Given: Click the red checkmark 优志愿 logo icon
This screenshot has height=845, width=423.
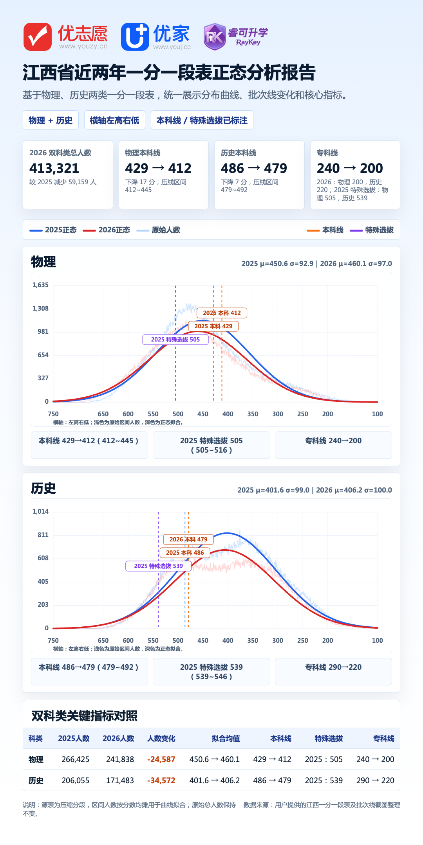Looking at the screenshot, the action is pyautogui.click(x=38, y=37).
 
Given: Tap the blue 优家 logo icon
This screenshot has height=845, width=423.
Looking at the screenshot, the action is pyautogui.click(x=135, y=37).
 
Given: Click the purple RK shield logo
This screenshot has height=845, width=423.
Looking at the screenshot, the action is pyautogui.click(x=215, y=37).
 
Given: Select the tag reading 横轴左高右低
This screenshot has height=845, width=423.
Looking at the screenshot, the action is pyautogui.click(x=115, y=120).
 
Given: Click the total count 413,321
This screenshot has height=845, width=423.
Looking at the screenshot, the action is pyautogui.click(x=54, y=168).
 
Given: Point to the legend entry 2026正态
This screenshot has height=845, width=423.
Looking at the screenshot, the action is pyautogui.click(x=107, y=230).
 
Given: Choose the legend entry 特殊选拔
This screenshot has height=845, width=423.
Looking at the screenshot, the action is pyautogui.click(x=372, y=230).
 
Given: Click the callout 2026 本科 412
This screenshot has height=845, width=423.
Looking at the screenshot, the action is pyautogui.click(x=222, y=313).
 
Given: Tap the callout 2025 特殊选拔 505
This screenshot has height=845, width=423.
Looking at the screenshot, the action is pyautogui.click(x=175, y=340).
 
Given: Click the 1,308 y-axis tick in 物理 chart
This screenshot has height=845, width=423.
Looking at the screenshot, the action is pyautogui.click(x=40, y=308).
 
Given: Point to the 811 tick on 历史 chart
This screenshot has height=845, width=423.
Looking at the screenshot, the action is pyautogui.click(x=43, y=535).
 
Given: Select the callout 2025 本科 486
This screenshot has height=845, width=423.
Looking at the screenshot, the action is pyautogui.click(x=185, y=553).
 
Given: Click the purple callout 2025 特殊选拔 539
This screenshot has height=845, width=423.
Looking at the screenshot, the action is pyautogui.click(x=158, y=566).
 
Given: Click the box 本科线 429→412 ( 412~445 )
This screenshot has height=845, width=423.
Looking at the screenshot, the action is pyautogui.click(x=89, y=445).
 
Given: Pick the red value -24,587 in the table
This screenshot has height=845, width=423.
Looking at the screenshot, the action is pyautogui.click(x=161, y=759).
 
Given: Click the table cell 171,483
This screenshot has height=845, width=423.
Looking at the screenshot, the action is pyautogui.click(x=120, y=780).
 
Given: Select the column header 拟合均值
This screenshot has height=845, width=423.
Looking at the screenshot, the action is pyautogui.click(x=226, y=739).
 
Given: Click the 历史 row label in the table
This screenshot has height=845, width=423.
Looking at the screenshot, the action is pyautogui.click(x=36, y=780).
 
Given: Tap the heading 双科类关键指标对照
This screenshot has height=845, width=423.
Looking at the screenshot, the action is pyautogui.click(x=85, y=716).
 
